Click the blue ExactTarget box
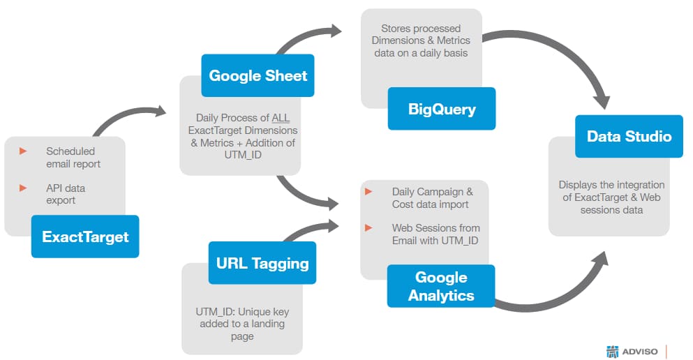tap(84, 237)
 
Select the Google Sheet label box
tap(258, 75)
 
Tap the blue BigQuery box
tap(441, 109)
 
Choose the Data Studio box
tap(629, 136)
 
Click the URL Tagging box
tap(262, 263)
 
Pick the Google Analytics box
tap(440, 286)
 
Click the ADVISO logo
tap(632, 351)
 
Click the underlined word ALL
tap(281, 118)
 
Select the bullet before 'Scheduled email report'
tap(23, 151)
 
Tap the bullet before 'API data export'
tap(23, 188)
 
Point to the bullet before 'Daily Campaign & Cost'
tap(368, 191)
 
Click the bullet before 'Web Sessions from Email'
tap(368, 228)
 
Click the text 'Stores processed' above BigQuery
tap(420, 29)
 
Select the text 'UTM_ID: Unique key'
tap(242, 311)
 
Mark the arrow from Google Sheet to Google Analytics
tap(300, 193)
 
